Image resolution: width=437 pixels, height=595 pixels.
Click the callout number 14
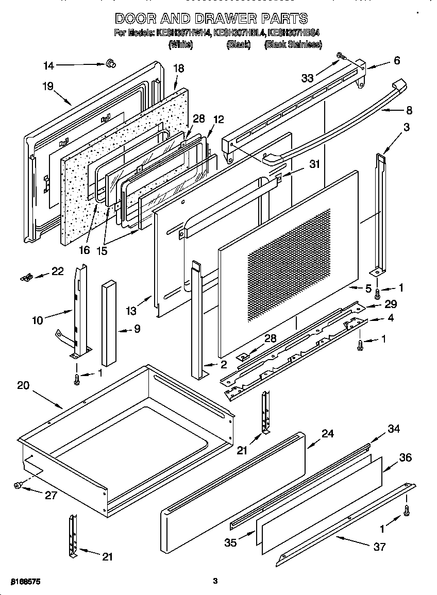click(x=48, y=65)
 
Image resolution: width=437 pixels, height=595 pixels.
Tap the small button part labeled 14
click(x=110, y=63)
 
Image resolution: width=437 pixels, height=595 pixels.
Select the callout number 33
click(x=308, y=78)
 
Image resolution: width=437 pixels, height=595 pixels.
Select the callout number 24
click(x=328, y=434)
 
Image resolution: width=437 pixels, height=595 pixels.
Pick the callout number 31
click(x=314, y=165)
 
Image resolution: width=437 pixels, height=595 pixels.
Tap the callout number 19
click(x=48, y=87)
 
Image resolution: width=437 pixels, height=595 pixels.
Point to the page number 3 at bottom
click(x=215, y=581)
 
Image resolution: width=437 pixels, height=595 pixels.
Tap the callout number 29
click(x=391, y=305)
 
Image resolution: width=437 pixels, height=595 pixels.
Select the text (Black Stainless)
click(x=293, y=45)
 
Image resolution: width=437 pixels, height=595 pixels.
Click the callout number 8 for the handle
click(x=409, y=109)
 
